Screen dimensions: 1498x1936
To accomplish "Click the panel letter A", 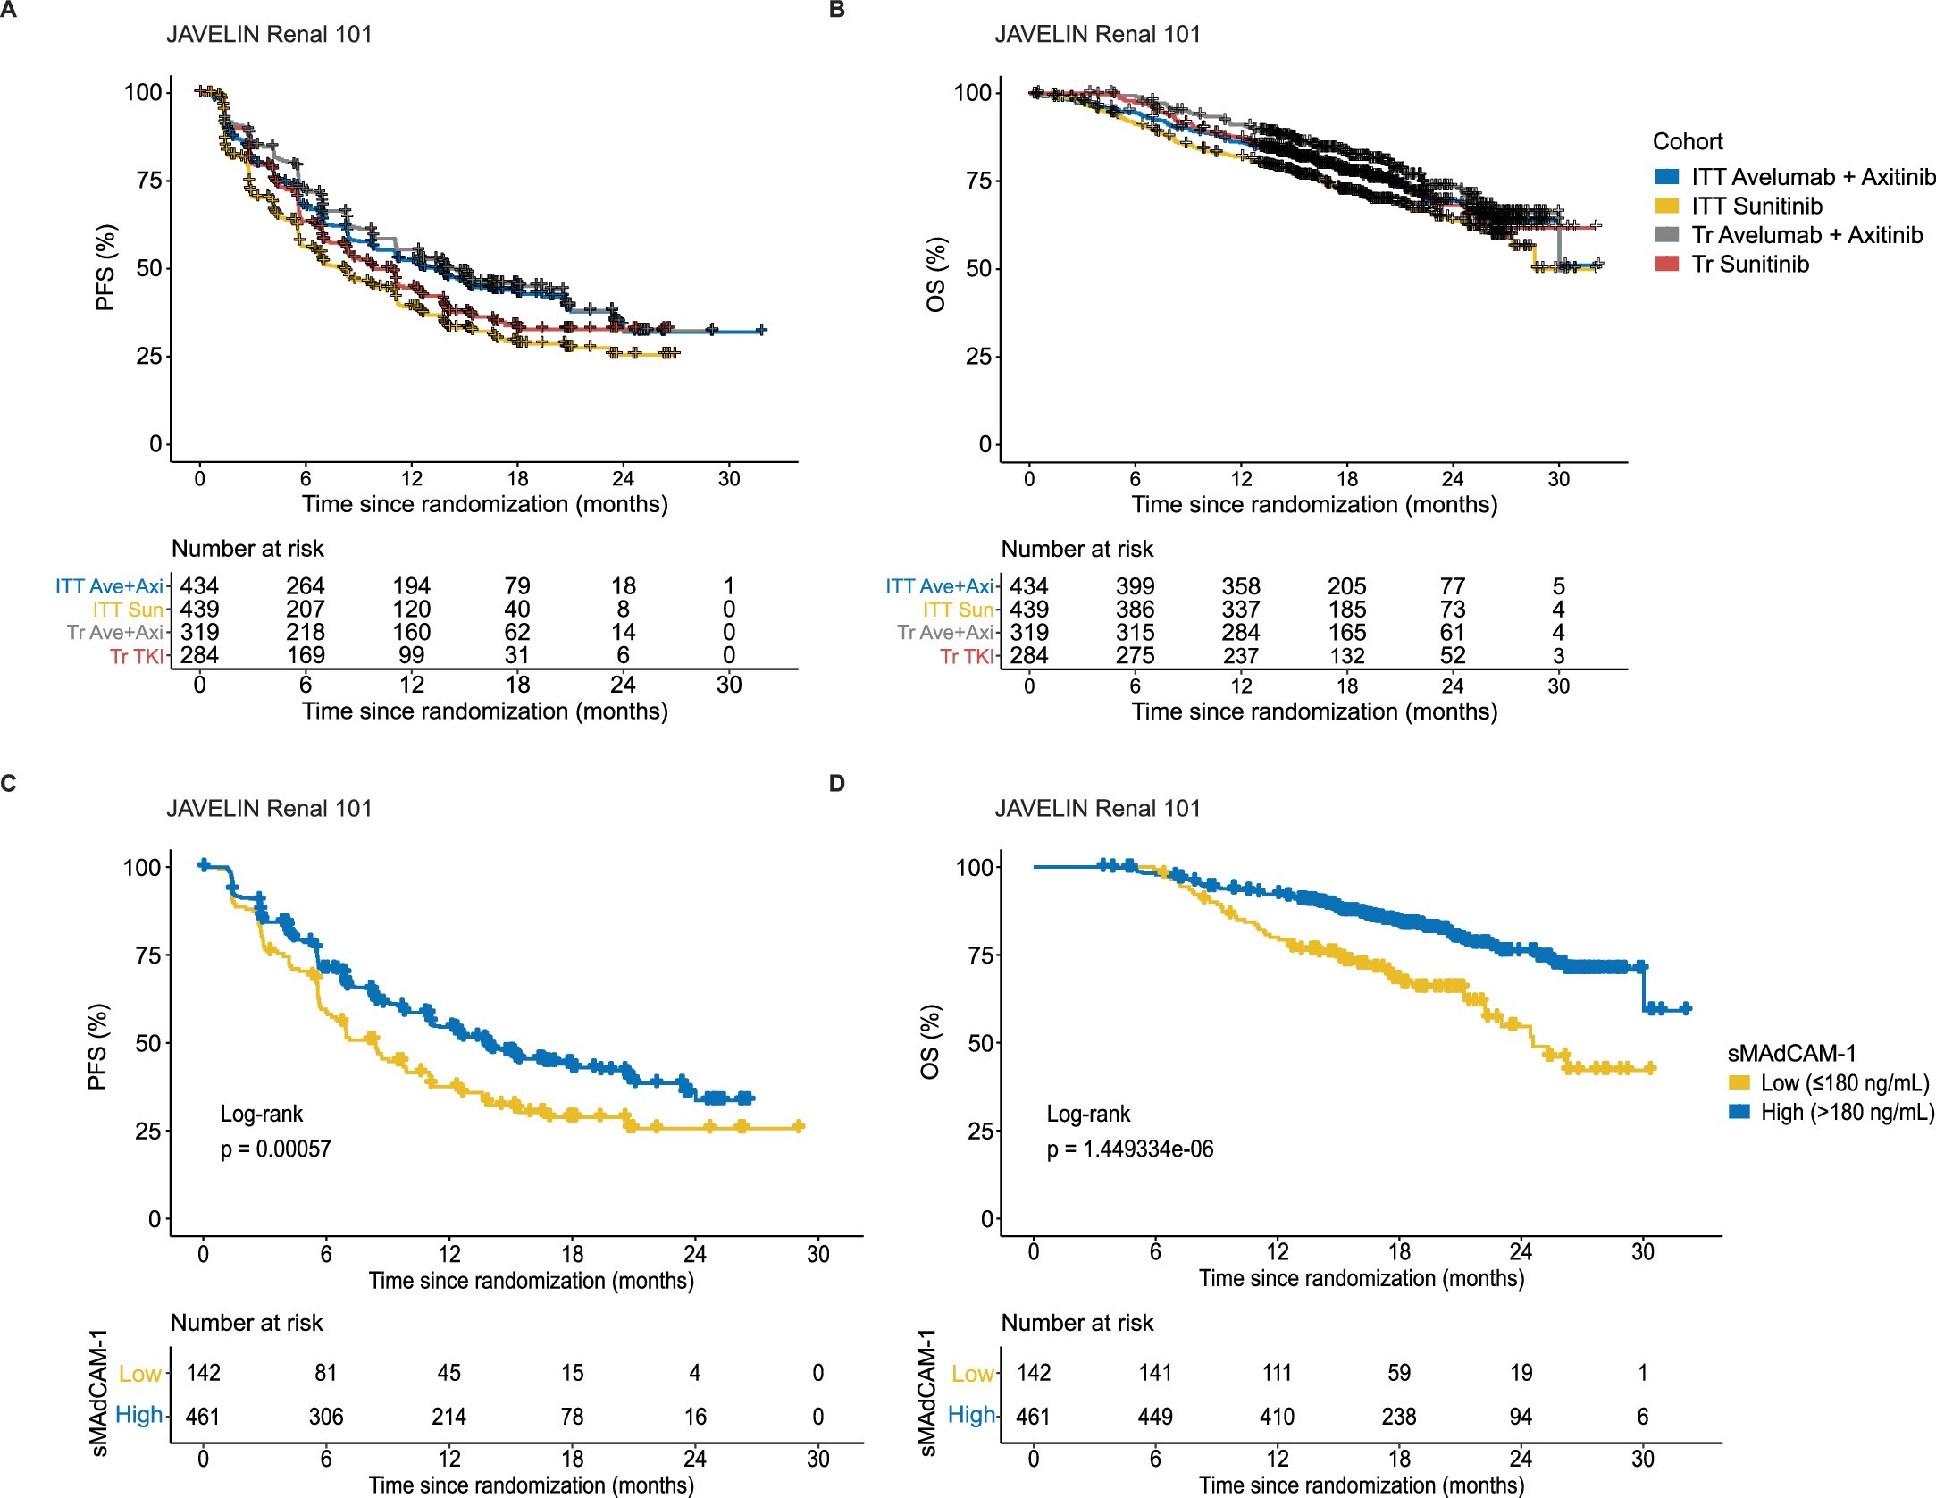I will point(8,9).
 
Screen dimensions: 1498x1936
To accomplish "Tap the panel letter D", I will point(836,784).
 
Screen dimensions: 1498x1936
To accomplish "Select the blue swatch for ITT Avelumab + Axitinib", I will point(1666,177).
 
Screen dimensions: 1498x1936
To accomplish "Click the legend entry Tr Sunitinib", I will point(1749,265).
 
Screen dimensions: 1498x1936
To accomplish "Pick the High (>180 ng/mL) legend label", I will point(1847,1113).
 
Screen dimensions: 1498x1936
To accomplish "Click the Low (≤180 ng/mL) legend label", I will point(1844,1083).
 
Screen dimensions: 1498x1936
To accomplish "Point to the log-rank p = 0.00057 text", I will point(275,1149).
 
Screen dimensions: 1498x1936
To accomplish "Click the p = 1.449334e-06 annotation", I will point(1129,1149).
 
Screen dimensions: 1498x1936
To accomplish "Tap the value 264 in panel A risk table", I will point(305,586).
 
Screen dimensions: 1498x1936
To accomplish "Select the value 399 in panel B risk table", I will point(1135,586).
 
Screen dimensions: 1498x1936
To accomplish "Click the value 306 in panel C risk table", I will point(326,1417).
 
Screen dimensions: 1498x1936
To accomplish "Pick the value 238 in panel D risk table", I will point(1399,1417).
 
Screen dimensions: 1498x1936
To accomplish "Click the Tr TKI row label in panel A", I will point(137,656).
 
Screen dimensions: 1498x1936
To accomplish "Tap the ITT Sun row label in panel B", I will point(958,610).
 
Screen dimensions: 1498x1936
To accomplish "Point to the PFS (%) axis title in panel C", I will point(98,1047).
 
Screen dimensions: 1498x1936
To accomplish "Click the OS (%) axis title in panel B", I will point(935,274).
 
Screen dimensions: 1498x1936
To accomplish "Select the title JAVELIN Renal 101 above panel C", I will point(269,809).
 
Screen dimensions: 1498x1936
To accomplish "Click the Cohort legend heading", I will point(1687,141).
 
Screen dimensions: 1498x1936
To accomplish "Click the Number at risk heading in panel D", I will point(1077,1323).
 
